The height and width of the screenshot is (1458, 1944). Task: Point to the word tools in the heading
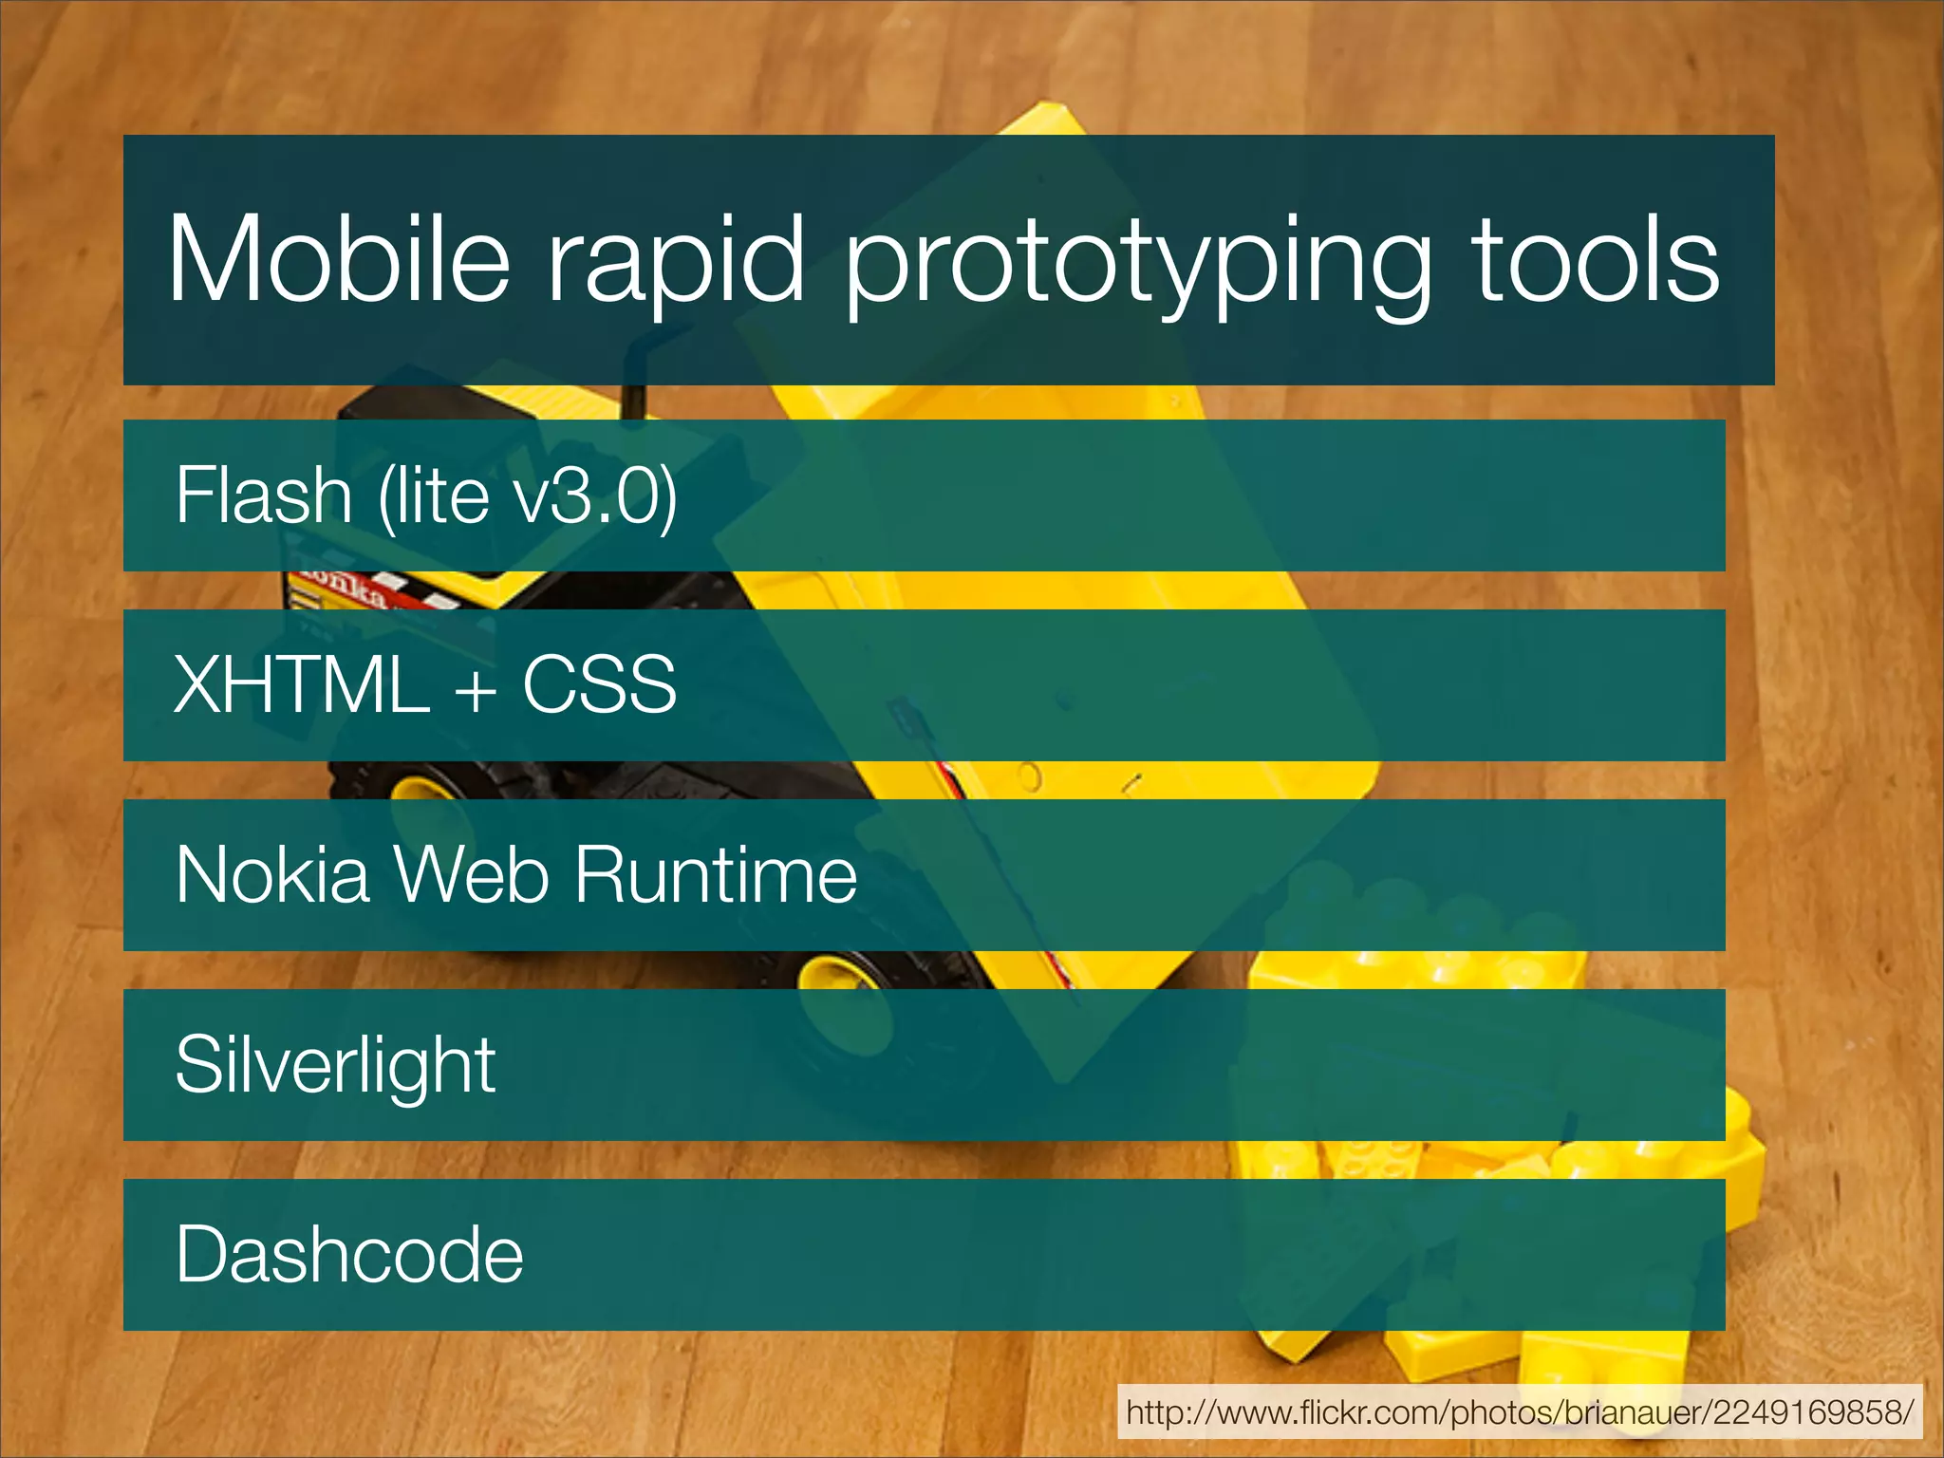pos(1595,258)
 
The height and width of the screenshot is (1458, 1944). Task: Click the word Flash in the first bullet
pos(263,495)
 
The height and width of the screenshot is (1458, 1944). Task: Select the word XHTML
pos(302,685)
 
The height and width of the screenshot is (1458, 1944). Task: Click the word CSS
pos(599,685)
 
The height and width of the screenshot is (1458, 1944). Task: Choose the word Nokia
pos(272,875)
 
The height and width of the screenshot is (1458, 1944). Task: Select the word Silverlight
pos(335,1065)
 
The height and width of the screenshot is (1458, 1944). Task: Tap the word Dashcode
pos(349,1255)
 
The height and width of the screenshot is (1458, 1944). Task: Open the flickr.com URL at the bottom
pos(1519,1412)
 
